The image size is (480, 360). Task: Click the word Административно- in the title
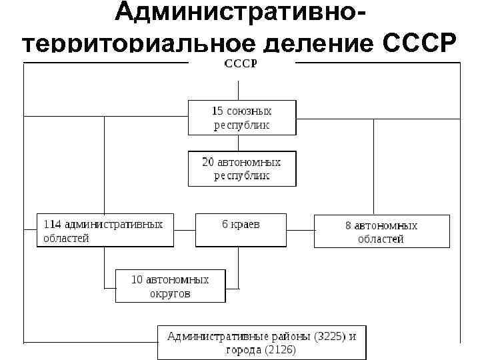tap(240, 13)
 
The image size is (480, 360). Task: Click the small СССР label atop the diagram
tap(241, 63)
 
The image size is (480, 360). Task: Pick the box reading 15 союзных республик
tap(241, 117)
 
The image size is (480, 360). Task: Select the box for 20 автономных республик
tap(241, 169)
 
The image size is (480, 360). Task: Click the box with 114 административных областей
tap(104, 231)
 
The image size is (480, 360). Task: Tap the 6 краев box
tap(241, 231)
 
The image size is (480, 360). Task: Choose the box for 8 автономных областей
tap(381, 232)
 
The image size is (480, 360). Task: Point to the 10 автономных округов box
tap(170, 286)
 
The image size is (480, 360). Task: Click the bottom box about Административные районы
tap(261, 342)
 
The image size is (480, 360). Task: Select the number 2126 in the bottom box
tap(279, 349)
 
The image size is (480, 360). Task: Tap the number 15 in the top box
tap(217, 111)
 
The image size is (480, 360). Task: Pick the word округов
tap(170, 293)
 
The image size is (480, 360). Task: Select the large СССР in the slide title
tap(421, 44)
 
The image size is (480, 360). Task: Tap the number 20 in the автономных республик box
tap(209, 162)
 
